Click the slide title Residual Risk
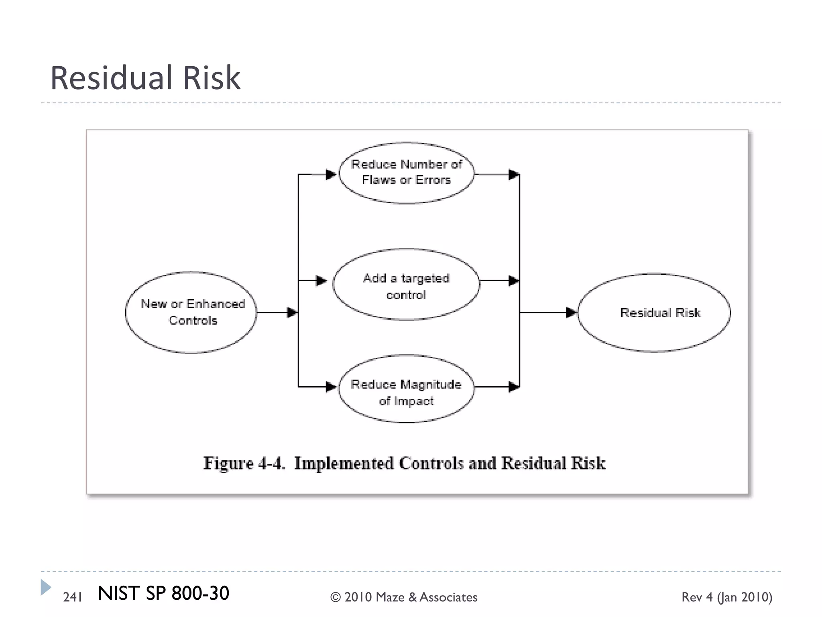tap(145, 78)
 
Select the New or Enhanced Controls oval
tap(191, 312)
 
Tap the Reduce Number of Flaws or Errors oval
tap(406, 173)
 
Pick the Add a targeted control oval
tap(406, 284)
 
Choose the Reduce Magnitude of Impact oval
tap(406, 389)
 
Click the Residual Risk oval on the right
tap(654, 313)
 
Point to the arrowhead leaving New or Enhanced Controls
tap(292, 312)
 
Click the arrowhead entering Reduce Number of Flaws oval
tap(331, 175)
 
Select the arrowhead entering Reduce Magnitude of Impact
tap(331, 387)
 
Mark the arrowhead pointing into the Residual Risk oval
tap(571, 312)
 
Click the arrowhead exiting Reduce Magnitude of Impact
tap(514, 387)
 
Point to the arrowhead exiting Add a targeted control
tap(514, 281)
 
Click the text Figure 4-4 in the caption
tap(244, 463)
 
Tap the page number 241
tap(73, 597)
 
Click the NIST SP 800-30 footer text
tap(163, 593)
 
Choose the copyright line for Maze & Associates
tap(404, 597)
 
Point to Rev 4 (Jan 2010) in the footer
tap(727, 597)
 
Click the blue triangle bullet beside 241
tap(45, 587)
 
